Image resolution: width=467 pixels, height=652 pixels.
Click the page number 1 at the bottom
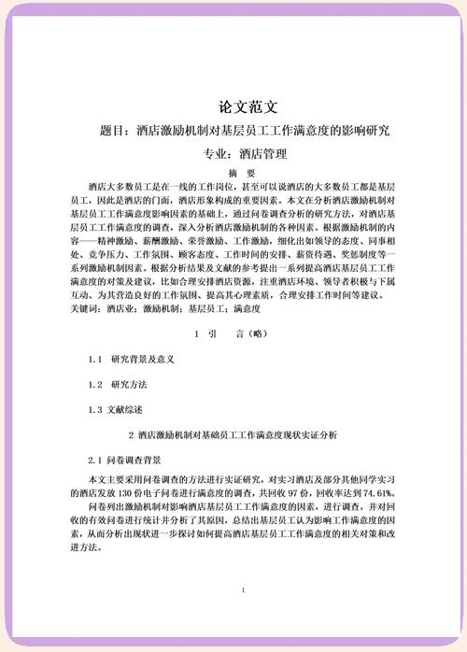click(x=242, y=590)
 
